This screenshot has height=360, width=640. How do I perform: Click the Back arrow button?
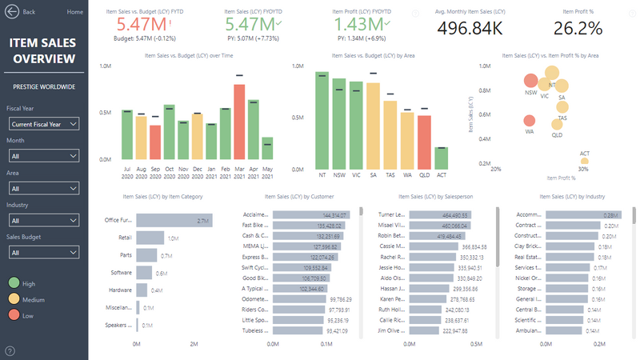point(12,12)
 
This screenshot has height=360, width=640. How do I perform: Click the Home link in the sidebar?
point(74,12)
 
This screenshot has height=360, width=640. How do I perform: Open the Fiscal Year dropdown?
point(44,124)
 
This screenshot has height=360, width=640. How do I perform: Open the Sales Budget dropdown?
point(44,252)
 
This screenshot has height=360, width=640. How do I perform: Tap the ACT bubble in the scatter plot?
point(584,160)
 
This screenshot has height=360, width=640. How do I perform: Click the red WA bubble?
point(529,121)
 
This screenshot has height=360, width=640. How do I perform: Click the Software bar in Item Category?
point(145,273)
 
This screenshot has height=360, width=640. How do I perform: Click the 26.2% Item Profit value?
point(577,29)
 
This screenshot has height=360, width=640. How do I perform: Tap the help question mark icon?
point(10,350)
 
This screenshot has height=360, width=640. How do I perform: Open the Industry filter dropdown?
point(44,220)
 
